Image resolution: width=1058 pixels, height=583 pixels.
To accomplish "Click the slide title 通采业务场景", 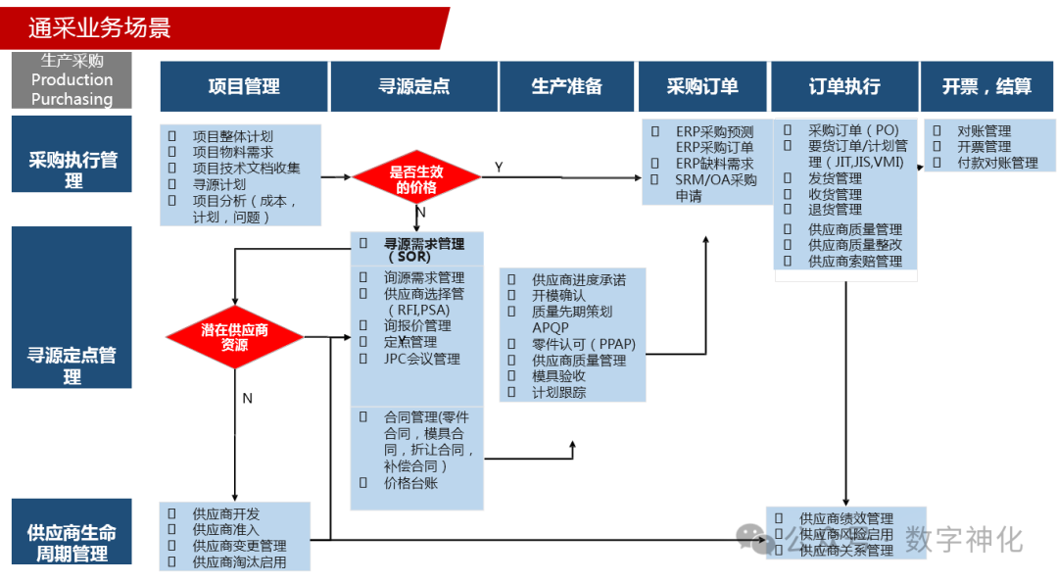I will [100, 27].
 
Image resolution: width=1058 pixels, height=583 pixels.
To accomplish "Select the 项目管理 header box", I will [244, 86].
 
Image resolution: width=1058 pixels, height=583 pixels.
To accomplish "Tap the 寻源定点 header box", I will [413, 86].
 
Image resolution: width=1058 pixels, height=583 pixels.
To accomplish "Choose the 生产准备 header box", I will [566, 86].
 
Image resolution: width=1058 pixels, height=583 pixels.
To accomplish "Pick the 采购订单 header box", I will [701, 86].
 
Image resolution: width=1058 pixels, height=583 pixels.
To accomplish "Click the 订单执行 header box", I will [843, 86].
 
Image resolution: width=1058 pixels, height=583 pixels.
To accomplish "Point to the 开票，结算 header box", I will [986, 86].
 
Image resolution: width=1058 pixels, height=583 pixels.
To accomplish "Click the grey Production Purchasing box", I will [72, 80].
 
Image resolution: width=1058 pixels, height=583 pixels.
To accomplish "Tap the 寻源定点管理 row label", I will [72, 364].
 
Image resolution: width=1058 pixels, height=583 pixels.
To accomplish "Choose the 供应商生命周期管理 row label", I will [72, 543].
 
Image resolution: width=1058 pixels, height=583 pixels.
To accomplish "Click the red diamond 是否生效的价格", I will [416, 178].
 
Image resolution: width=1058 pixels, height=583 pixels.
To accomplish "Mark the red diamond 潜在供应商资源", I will [234, 337].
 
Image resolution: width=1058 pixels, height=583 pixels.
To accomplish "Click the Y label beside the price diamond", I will [499, 168].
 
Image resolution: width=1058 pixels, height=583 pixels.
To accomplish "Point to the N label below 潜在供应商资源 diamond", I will [247, 398].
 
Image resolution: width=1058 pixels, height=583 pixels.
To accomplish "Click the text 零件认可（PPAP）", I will [583, 344].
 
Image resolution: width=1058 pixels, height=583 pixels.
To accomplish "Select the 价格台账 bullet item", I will [410, 482].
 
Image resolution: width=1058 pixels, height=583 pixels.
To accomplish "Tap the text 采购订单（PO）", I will [852, 130].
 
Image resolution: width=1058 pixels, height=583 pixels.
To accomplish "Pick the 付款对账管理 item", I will [997, 163].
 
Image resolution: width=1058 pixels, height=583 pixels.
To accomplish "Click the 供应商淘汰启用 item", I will [239, 561].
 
